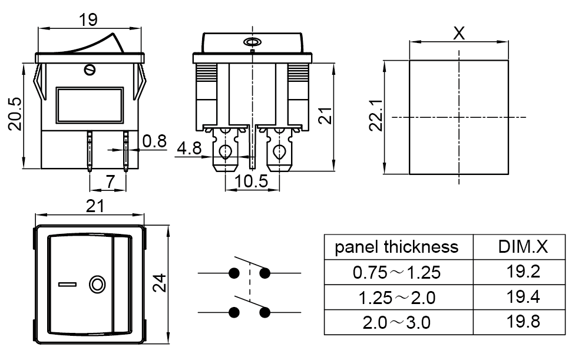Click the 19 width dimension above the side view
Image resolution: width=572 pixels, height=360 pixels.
tap(88, 19)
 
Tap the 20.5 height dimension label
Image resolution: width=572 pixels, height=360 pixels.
tap(16, 114)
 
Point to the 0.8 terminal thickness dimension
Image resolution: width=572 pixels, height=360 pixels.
tap(154, 141)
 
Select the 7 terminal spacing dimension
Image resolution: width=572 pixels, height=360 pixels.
tap(110, 181)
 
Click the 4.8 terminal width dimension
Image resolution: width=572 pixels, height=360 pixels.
tap(189, 148)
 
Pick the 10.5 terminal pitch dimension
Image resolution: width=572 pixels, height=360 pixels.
tap(252, 181)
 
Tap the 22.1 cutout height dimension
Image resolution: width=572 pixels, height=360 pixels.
tap(375, 115)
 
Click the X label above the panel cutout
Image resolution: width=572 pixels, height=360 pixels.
tap(459, 33)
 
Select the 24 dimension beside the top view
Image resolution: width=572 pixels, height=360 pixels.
tap(160, 283)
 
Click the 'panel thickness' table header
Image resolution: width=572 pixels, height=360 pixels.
tap(396, 247)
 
